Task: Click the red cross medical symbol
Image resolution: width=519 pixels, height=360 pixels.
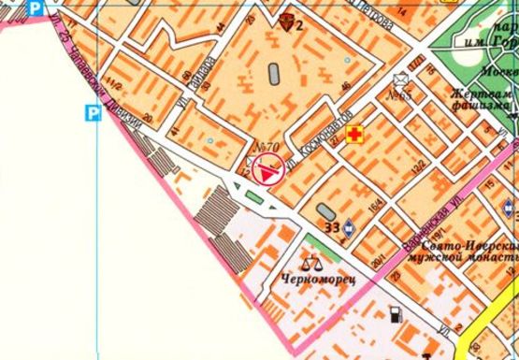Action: [x=355, y=137]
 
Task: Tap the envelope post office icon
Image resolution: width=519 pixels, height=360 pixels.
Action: [x=403, y=79]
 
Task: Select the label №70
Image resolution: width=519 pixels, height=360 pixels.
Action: [x=265, y=147]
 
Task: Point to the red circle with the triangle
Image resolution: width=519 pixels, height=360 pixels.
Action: [x=268, y=171]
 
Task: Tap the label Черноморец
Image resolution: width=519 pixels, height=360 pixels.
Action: [x=312, y=279]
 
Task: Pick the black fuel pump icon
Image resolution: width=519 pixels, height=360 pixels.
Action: [x=396, y=313]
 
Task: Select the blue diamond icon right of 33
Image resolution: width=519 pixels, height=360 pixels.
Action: [x=349, y=226]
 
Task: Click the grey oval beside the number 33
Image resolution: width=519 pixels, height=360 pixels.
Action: [x=324, y=210]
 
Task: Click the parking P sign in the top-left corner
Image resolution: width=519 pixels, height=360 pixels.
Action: [x=36, y=8]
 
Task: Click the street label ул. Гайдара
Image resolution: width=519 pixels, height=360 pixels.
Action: [x=204, y=74]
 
